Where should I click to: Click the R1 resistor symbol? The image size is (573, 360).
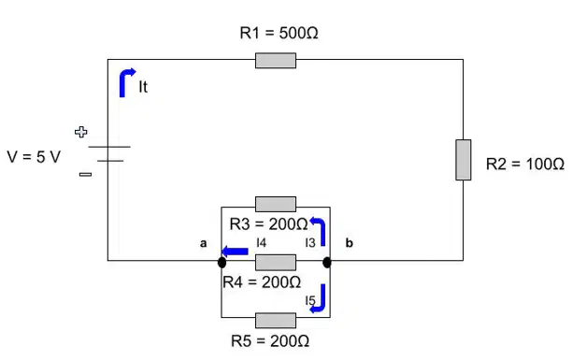pos(276,60)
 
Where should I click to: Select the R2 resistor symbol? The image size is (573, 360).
pos(463,160)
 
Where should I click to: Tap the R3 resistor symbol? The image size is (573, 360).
pos(276,204)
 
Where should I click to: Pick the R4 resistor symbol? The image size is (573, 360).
pos(276,263)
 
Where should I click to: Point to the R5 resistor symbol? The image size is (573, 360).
pos(276,320)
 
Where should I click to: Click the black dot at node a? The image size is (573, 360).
pos(222,263)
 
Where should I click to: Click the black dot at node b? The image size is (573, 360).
pos(327,263)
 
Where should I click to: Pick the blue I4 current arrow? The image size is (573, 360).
pos(235,252)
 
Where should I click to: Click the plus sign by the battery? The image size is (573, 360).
pos(80,132)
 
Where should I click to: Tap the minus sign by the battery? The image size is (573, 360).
pos(85,174)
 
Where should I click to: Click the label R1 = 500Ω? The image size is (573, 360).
pos(279,33)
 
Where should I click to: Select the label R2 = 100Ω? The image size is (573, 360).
pos(525,164)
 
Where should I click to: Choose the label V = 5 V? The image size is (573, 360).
pos(34,157)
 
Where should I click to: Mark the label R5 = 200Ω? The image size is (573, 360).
pos(270,341)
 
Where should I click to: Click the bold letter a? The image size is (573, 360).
pos(203,243)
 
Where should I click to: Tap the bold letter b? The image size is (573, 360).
pos(349,243)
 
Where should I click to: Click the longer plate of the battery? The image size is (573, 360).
pos(109,147)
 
